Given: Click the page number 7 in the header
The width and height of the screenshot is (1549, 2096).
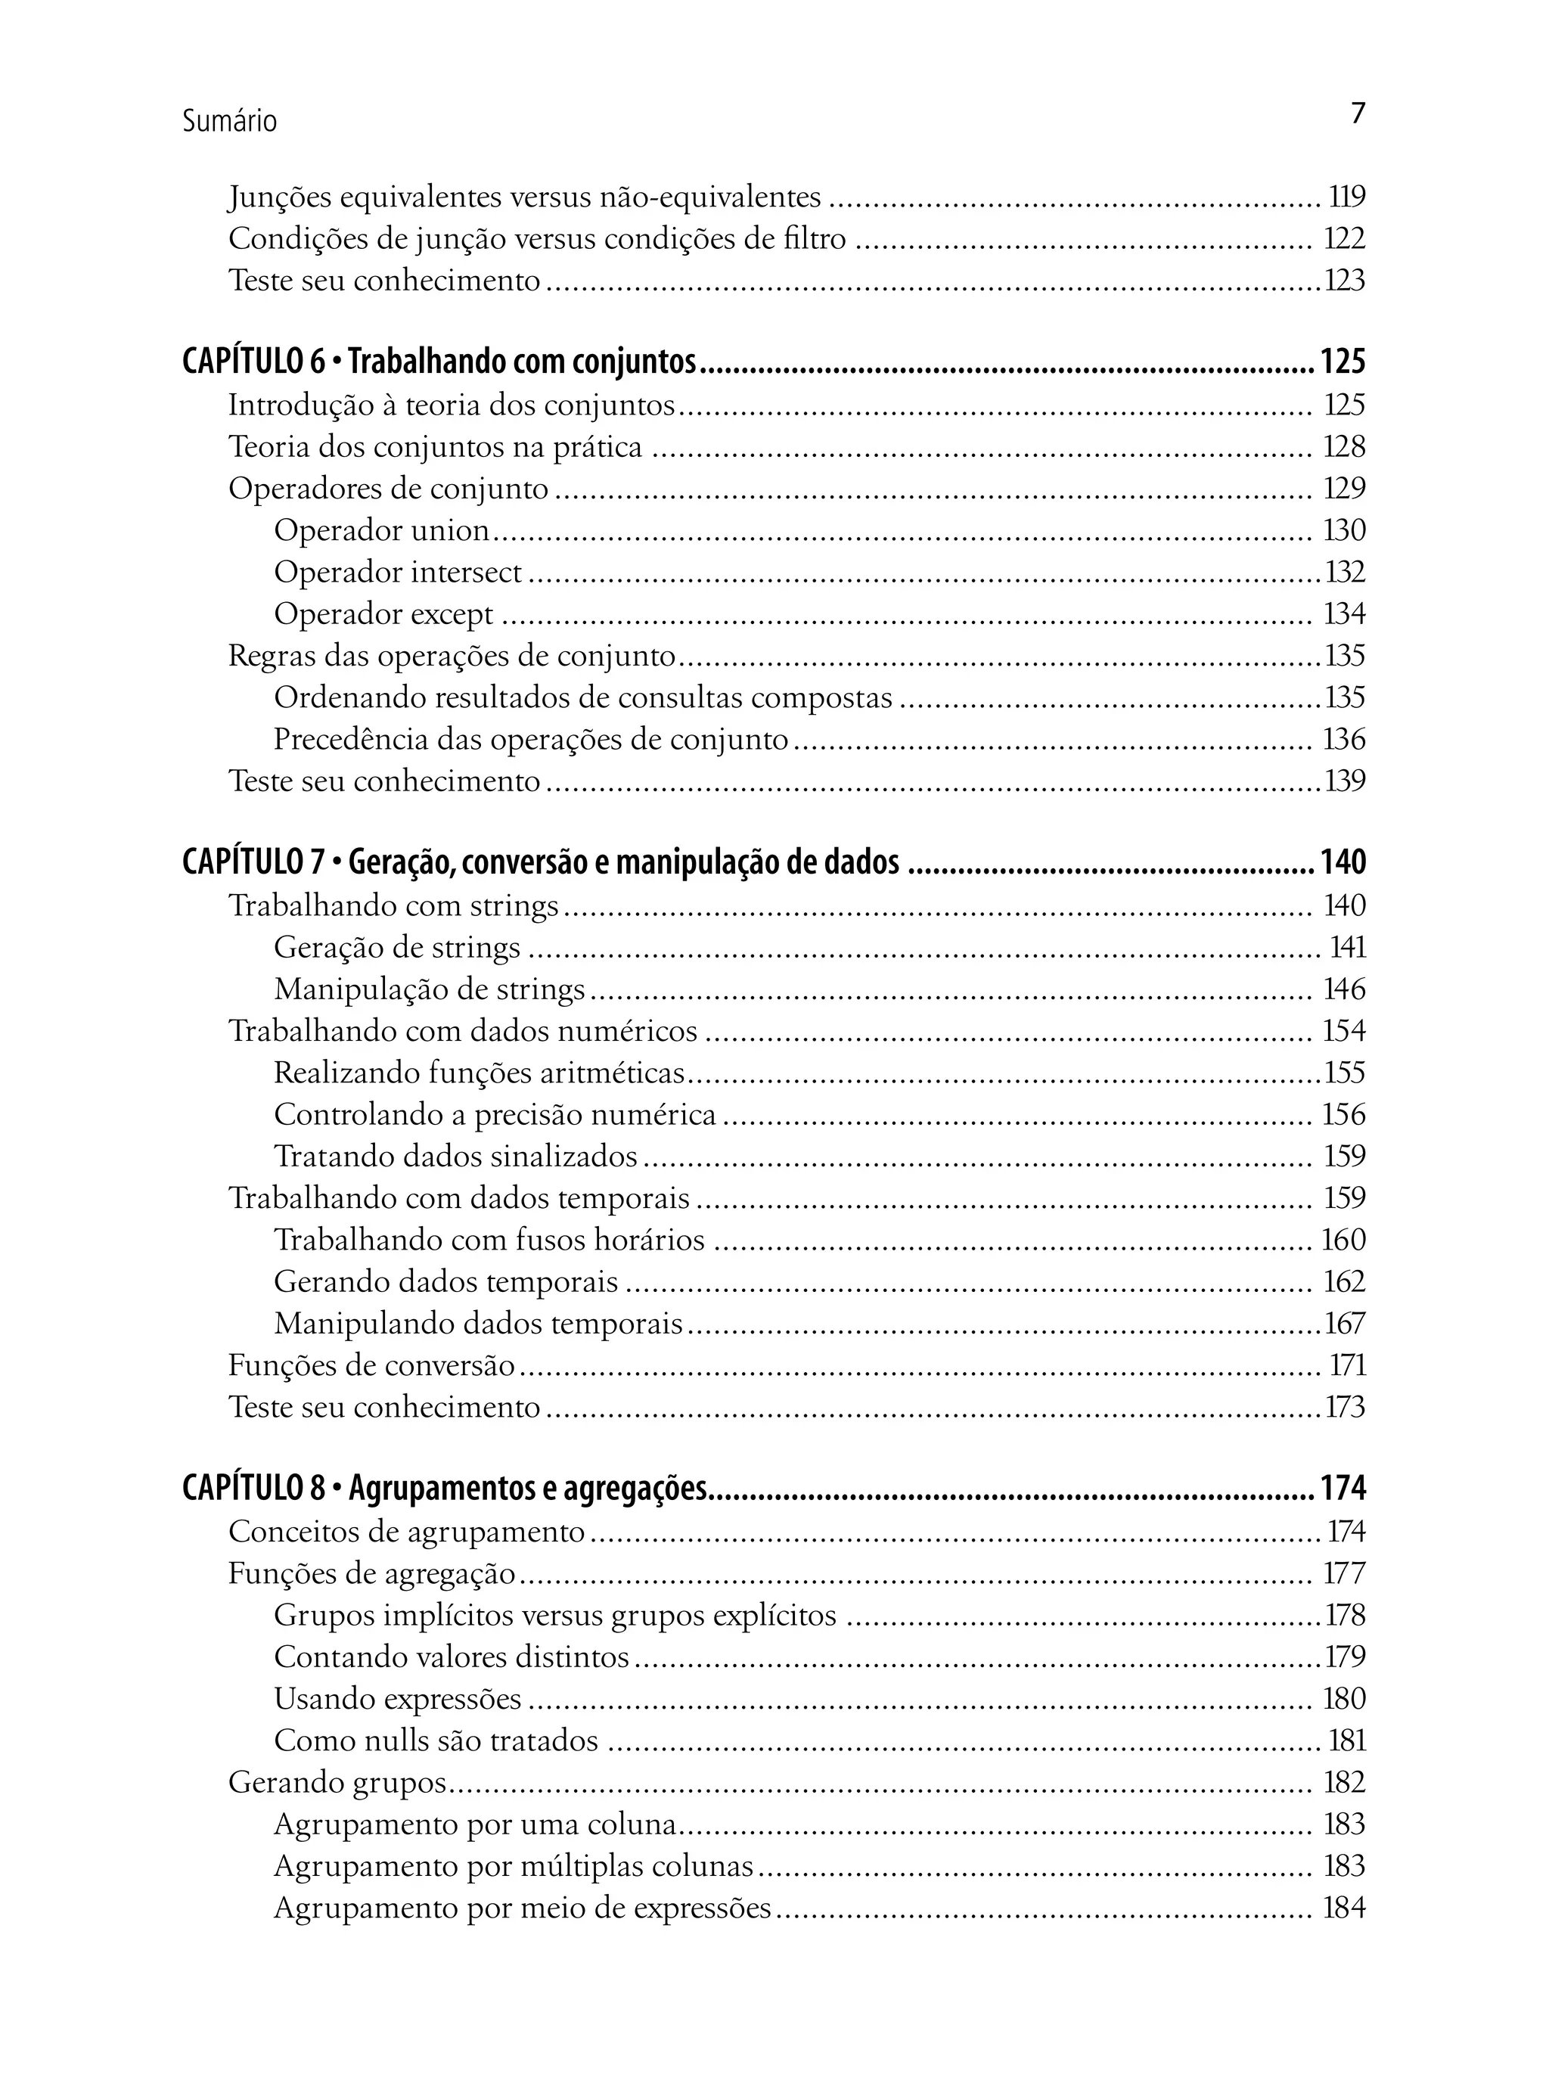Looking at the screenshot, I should (1358, 113).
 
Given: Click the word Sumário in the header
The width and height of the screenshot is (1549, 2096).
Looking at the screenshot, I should (230, 121).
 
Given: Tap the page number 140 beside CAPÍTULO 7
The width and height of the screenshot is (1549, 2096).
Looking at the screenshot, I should (1343, 861).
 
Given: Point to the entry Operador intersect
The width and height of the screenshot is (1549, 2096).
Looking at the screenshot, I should (398, 572).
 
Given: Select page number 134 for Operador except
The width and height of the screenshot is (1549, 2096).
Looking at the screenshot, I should (1344, 613).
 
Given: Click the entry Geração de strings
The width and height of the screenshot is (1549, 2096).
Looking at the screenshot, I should (396, 947).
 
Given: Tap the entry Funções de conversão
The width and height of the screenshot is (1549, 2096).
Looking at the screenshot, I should (371, 1365).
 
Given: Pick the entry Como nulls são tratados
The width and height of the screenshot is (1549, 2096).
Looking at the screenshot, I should (436, 1740).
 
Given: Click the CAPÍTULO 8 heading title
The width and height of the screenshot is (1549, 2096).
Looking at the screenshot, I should (445, 1489).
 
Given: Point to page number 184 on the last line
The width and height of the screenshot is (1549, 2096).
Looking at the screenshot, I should (1344, 1908).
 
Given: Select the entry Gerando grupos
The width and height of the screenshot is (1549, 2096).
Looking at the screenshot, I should (337, 1782).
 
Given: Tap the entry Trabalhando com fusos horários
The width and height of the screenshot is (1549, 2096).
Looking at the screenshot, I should (489, 1240).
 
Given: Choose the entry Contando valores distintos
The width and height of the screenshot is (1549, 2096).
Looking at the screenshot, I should (451, 1657).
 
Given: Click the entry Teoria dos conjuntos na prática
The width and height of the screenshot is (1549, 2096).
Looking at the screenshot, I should (435, 446).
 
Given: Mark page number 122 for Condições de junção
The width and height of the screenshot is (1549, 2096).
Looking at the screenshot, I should (1344, 238).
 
